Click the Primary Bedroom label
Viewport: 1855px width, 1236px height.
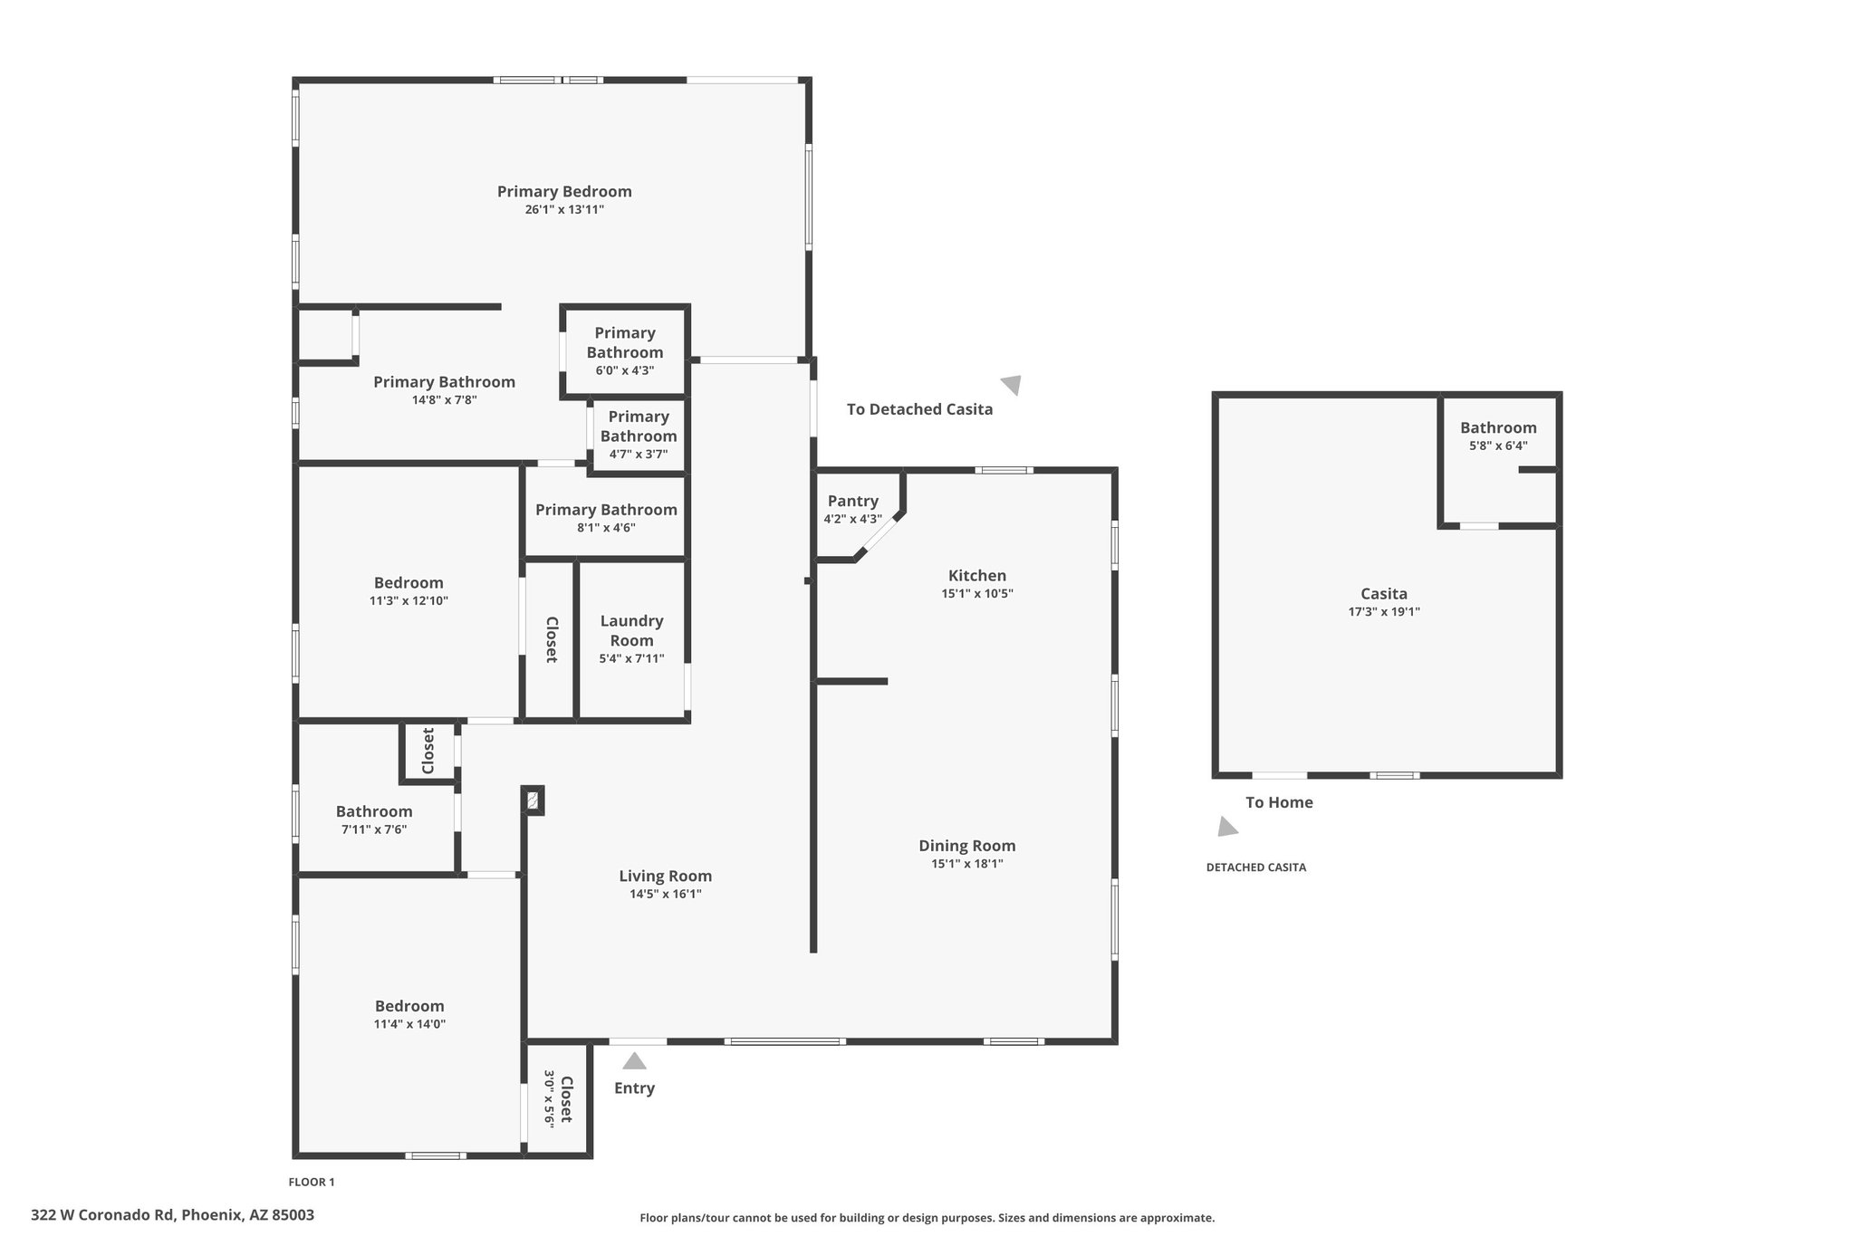[x=564, y=191]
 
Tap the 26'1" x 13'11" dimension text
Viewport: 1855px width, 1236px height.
[x=564, y=210]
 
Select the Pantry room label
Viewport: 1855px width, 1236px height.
[x=853, y=501]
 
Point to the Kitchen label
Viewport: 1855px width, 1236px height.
[x=977, y=575]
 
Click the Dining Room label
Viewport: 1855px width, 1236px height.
[x=967, y=846]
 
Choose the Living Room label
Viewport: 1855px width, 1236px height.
[x=666, y=876]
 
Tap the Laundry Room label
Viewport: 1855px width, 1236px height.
[x=631, y=630]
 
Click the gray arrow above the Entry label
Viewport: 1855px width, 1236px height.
[x=634, y=1060]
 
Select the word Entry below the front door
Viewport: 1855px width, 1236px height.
[x=634, y=1088]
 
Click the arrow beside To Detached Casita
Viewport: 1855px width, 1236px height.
[x=1012, y=385]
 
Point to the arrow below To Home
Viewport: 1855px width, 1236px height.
[x=1227, y=826]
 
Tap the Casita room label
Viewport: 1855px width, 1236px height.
[x=1384, y=594]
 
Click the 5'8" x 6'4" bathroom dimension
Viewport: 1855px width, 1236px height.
[x=1498, y=446]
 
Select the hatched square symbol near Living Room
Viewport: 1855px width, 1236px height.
[x=533, y=800]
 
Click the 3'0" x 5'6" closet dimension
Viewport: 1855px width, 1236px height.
[x=550, y=1098]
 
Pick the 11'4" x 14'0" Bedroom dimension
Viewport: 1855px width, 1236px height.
[x=409, y=1024]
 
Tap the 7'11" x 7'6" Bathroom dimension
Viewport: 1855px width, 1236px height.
[x=374, y=829]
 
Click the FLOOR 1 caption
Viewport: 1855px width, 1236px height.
[x=312, y=1182]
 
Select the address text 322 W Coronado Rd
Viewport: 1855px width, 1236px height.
[x=102, y=1215]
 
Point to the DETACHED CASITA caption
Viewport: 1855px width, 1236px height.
[x=1256, y=867]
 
